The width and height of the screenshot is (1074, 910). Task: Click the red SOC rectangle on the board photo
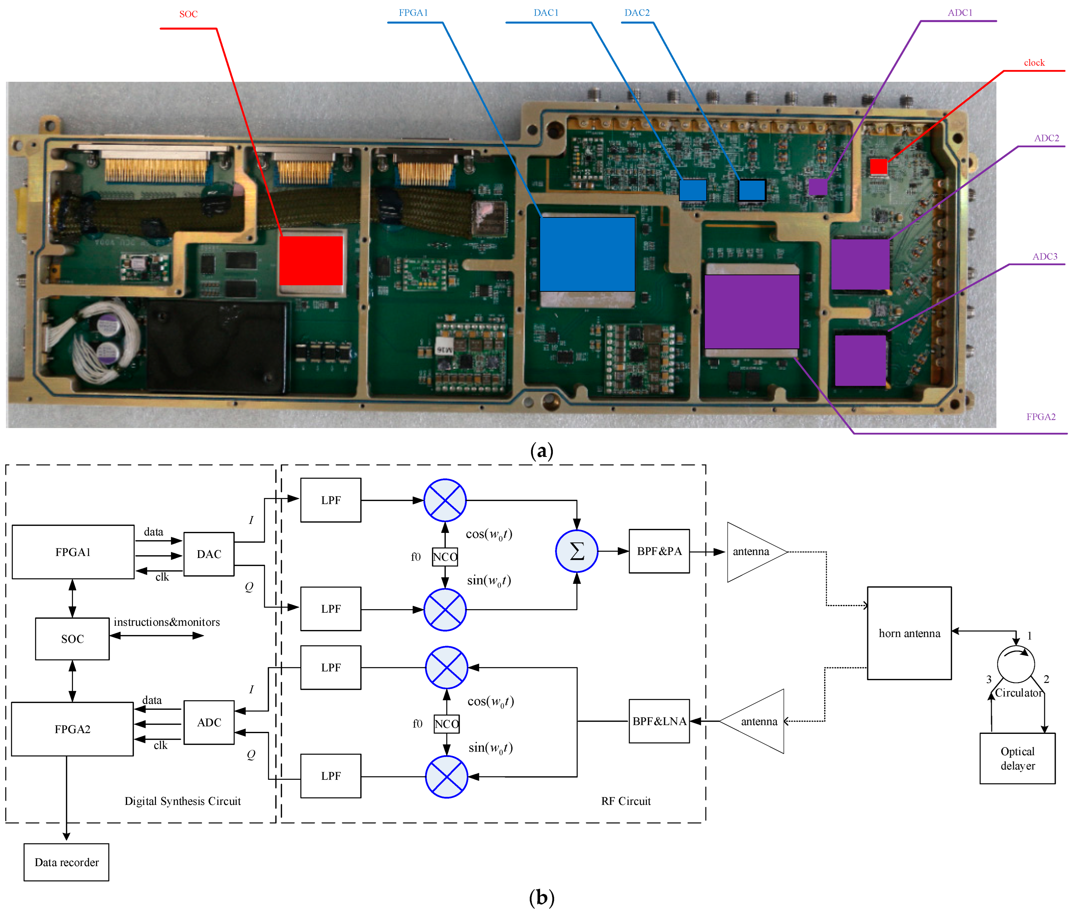point(311,261)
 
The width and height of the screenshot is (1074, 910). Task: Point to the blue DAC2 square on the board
point(752,190)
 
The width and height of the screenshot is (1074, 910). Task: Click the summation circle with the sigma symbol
point(576,551)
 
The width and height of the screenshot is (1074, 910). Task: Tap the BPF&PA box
point(659,551)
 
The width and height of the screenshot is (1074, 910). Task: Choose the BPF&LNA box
point(659,721)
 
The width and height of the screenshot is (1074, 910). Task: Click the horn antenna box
point(909,633)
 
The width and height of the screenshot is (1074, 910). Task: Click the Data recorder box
point(67,862)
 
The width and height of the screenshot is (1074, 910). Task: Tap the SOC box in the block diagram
point(72,639)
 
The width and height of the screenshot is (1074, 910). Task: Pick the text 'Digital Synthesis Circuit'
point(183,801)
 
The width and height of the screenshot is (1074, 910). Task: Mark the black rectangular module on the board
point(217,347)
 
